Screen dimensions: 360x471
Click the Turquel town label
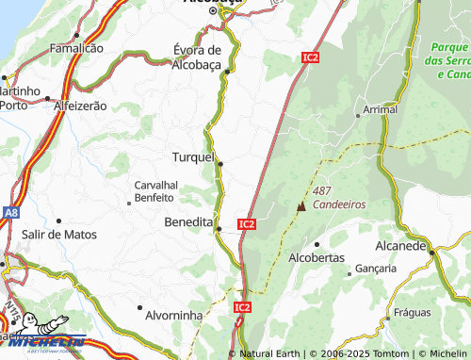click(x=194, y=156)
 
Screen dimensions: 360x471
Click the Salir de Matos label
click(x=54, y=234)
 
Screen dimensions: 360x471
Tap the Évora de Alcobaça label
click(x=197, y=57)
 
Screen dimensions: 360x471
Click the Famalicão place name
click(x=75, y=47)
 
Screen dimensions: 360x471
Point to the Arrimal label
click(x=381, y=110)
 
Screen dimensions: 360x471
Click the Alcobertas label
click(x=317, y=257)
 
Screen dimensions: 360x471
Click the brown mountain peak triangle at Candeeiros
click(x=301, y=205)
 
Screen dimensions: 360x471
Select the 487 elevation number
click(x=323, y=190)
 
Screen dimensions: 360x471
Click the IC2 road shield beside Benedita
click(x=246, y=224)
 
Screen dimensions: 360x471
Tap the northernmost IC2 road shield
click(x=311, y=57)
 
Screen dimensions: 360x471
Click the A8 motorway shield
click(x=10, y=213)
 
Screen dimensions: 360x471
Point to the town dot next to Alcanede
click(x=432, y=251)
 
